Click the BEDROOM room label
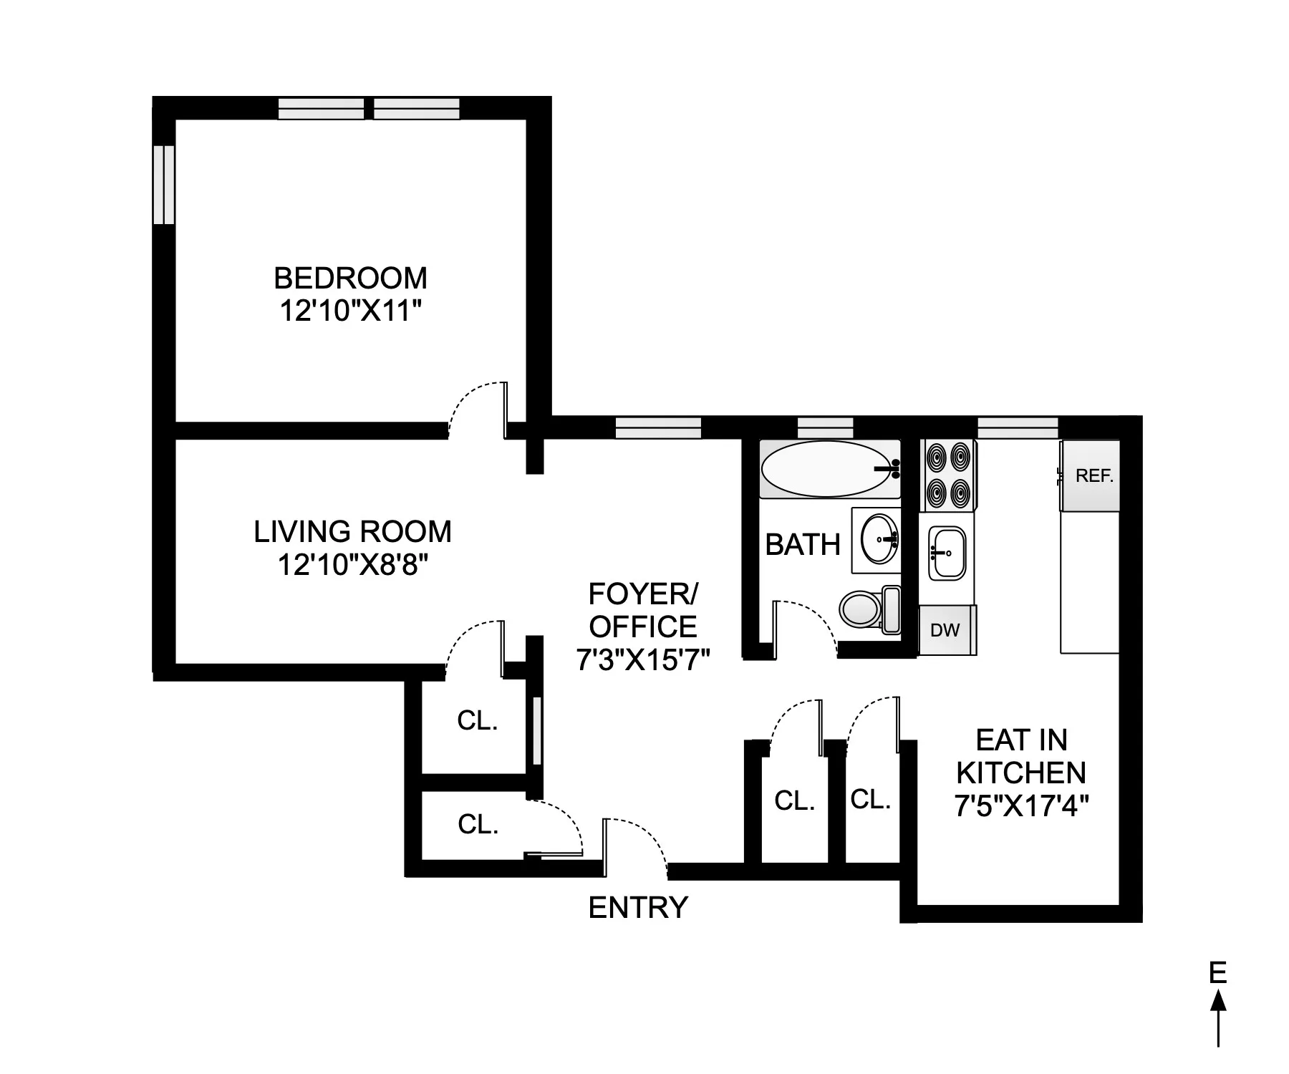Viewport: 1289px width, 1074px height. tap(350, 278)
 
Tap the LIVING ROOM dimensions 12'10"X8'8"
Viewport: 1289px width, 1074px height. tap(352, 566)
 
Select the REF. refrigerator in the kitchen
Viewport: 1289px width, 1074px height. tap(1089, 475)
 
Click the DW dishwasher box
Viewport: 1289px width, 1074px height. tap(945, 630)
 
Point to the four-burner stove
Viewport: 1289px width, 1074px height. tap(950, 473)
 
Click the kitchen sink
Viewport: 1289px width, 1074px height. tap(947, 553)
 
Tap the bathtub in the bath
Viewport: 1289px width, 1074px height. tap(829, 469)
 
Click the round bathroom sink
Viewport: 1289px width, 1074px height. tap(879, 540)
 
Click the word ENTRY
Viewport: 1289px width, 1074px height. tap(637, 908)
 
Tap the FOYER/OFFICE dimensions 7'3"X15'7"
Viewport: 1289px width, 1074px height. tap(642, 659)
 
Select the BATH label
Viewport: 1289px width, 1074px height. tap(802, 545)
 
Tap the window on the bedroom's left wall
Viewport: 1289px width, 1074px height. tap(164, 185)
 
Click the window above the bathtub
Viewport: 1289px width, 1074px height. tap(825, 428)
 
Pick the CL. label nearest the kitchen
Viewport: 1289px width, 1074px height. tap(870, 799)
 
